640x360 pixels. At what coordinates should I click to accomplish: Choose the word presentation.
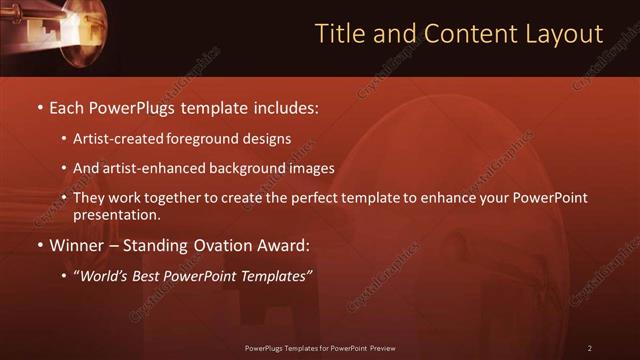point(117,214)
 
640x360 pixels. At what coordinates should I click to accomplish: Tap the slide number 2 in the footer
point(590,348)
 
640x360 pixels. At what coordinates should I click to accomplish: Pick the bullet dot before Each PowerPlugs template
point(39,106)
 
